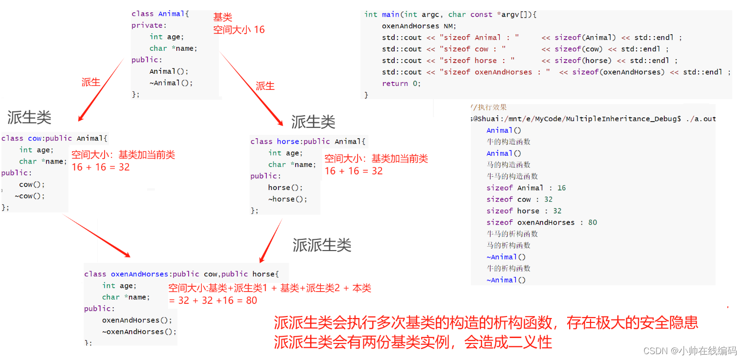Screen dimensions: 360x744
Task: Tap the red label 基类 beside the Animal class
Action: pyautogui.click(x=223, y=18)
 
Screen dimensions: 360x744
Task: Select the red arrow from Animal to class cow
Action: pyautogui.click(x=101, y=90)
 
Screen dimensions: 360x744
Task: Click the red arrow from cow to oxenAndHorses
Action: pyautogui.click(x=96, y=236)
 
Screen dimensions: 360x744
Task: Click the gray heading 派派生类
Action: pyautogui.click(x=322, y=245)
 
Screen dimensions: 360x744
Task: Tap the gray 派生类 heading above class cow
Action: pyautogui.click(x=29, y=117)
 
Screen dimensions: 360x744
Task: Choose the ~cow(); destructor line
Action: pyautogui.click(x=30, y=196)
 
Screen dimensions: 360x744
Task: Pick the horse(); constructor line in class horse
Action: pyautogui.click(x=286, y=188)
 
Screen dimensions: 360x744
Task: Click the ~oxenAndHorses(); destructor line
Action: pyautogui.click(x=139, y=332)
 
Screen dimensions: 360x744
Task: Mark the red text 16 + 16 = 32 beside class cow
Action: pyautogui.click(x=101, y=167)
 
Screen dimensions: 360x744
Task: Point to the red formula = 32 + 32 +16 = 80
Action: pyautogui.click(x=213, y=300)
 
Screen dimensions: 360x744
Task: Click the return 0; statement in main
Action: pyautogui.click(x=401, y=84)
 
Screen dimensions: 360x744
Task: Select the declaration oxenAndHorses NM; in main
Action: pyautogui.click(x=419, y=25)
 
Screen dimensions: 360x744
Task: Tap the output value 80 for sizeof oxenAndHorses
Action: pyautogui.click(x=593, y=222)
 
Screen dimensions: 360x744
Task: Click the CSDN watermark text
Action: pyautogui.click(x=690, y=351)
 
